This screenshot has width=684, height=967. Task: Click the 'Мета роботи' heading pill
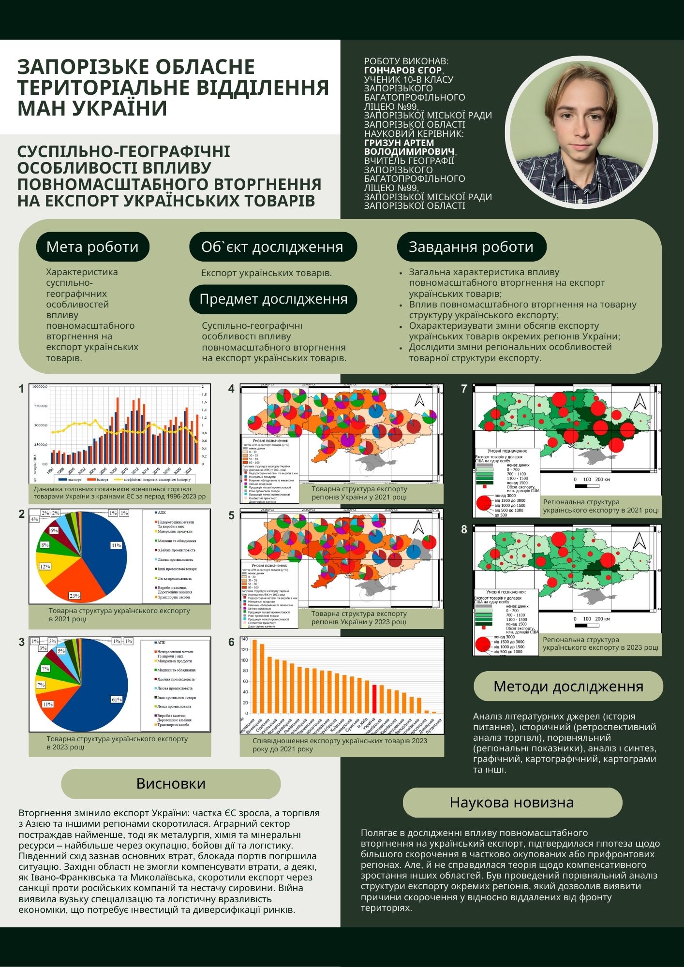[x=92, y=247]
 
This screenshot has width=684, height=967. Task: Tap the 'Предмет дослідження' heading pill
[x=273, y=299]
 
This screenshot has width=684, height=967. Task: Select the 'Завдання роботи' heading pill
[x=471, y=247]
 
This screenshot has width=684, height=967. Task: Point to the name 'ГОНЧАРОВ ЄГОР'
[x=403, y=71]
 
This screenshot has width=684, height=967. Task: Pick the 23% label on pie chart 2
[x=74, y=596]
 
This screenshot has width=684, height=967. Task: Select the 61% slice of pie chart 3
[x=104, y=687]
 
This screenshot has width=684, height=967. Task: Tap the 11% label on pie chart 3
[x=47, y=704]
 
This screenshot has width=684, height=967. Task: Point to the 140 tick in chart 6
[x=244, y=639]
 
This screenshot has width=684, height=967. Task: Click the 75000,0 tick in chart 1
[x=40, y=406]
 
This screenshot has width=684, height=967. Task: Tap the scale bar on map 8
[x=587, y=626]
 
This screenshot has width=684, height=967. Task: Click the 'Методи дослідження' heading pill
[x=568, y=686]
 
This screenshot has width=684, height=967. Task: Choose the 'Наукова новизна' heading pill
[x=512, y=802]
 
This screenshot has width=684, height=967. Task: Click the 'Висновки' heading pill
[x=171, y=783]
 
